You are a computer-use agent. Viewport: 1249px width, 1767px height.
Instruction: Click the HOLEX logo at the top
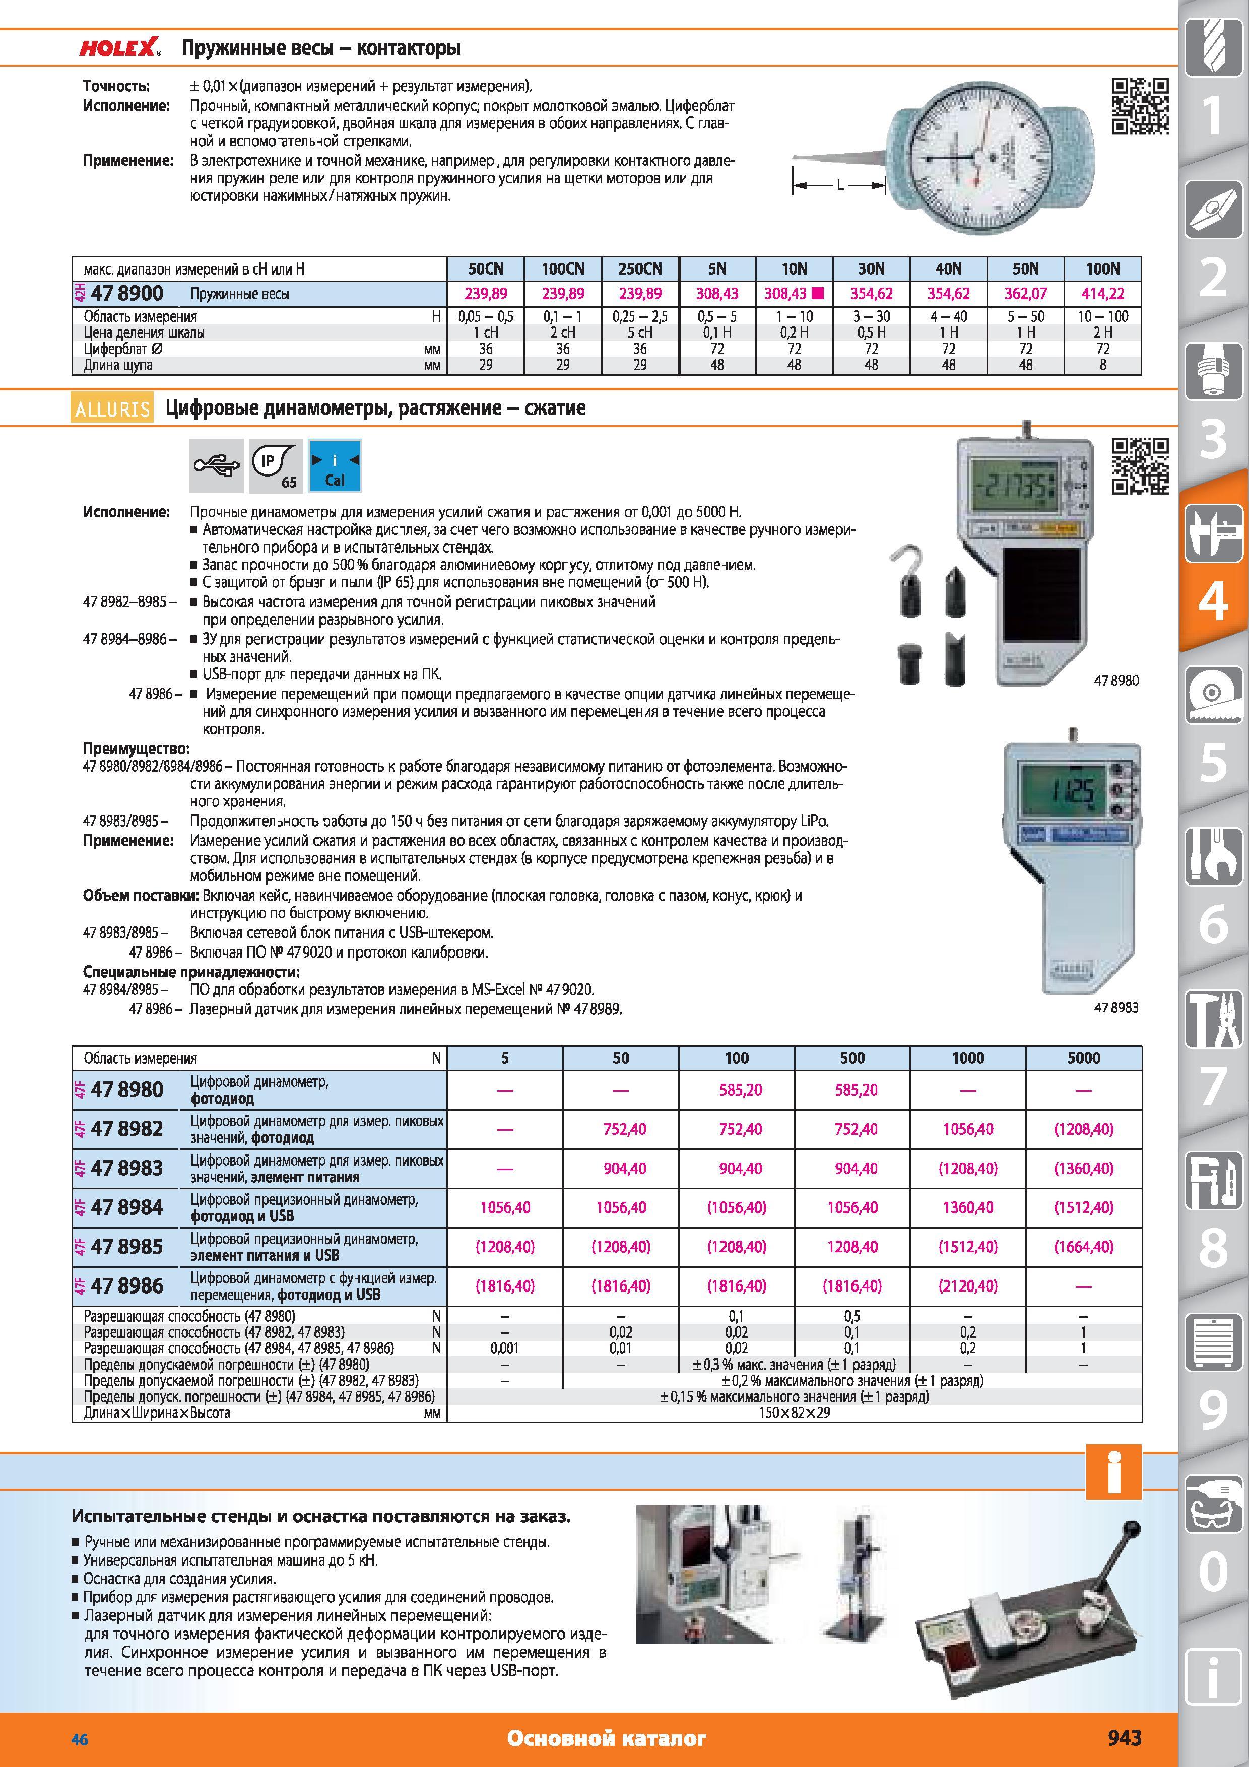120,48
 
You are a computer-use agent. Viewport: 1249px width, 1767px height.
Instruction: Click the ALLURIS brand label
112,408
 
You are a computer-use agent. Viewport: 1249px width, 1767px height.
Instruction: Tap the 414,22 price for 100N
1103,293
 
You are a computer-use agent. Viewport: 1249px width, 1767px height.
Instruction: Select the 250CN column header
639,268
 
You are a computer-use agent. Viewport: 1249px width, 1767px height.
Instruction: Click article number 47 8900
127,293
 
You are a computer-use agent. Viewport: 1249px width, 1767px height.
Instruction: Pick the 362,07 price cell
1025,293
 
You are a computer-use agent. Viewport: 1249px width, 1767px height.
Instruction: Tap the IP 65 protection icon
276,465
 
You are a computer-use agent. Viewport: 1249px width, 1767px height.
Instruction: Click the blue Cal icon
335,465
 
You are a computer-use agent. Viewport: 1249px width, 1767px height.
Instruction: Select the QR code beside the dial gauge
1140,106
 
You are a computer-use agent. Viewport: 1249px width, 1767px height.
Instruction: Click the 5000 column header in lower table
1084,1058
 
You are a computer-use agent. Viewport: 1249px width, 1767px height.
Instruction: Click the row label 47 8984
127,1207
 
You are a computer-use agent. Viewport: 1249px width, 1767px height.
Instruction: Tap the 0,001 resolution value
505,1348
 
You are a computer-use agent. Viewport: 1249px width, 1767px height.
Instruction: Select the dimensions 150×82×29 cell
794,1413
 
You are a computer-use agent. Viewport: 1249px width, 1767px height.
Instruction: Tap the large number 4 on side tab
1214,601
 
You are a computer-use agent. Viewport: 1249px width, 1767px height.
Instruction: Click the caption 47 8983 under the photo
1116,1007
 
